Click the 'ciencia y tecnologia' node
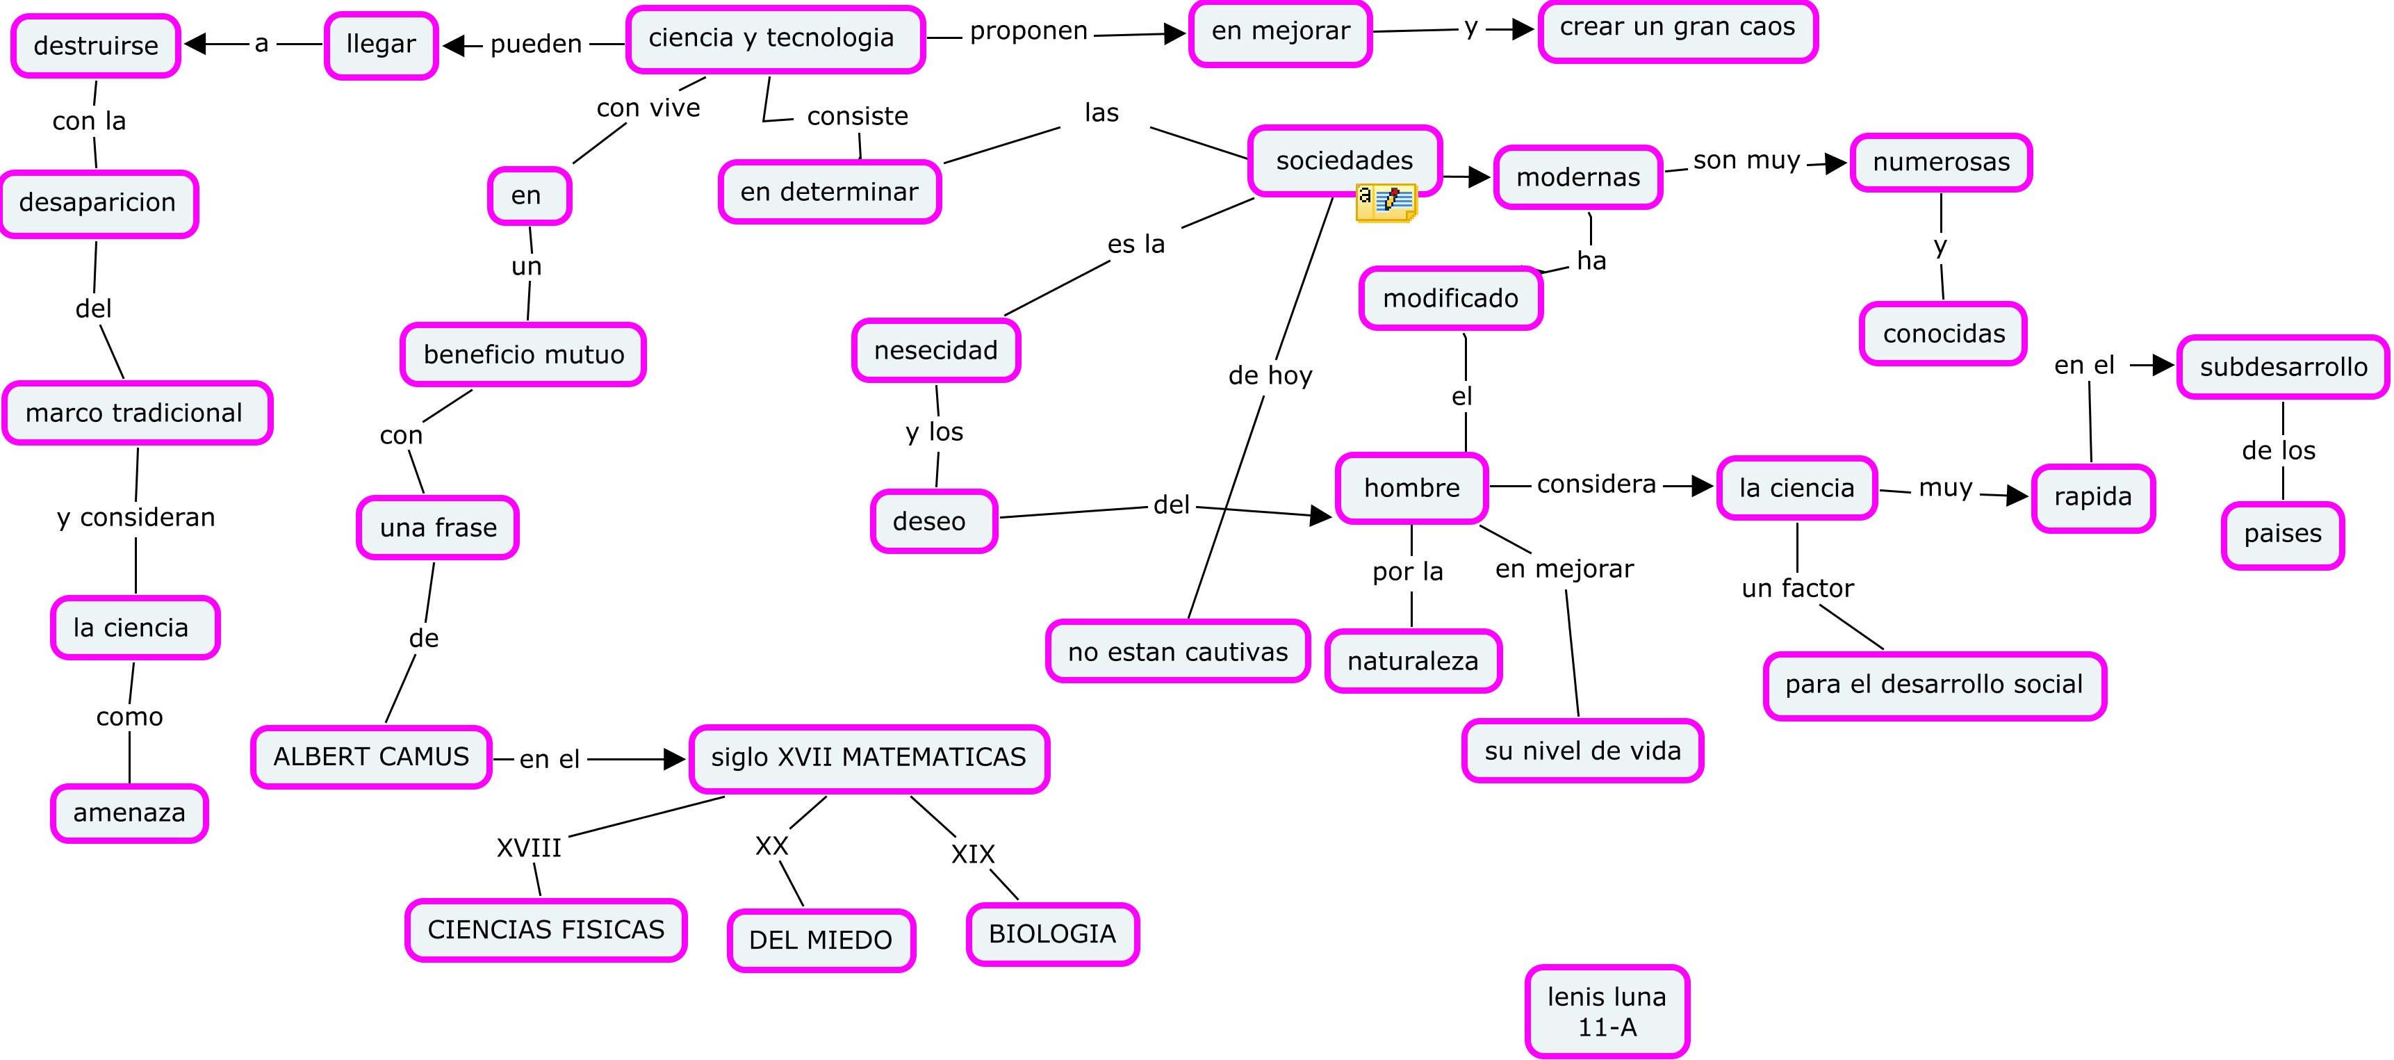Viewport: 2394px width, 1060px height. coord(774,39)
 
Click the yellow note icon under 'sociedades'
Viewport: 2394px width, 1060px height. coord(1386,202)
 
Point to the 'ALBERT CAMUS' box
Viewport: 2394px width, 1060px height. coord(371,757)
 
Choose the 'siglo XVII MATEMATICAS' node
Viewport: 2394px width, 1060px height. coord(869,758)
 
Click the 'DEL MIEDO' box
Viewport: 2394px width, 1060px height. coord(821,940)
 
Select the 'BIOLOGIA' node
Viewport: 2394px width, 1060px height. coord(1052,933)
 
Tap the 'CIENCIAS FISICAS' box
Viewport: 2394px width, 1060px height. coord(546,930)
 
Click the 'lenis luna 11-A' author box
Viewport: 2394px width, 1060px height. coord(1607,1011)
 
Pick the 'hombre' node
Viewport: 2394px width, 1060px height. coord(1411,488)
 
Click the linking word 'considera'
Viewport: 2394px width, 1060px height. coord(1596,484)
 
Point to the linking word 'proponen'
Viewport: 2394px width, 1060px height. coord(1028,31)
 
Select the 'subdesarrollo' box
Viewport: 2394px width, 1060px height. coord(2283,367)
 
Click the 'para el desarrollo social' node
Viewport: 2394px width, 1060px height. coord(1934,685)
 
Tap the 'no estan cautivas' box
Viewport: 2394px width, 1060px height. coord(1177,652)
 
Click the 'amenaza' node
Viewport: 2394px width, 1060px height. coord(129,813)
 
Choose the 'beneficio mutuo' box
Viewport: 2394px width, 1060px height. coord(523,354)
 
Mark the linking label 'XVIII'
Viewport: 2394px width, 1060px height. coord(529,848)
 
